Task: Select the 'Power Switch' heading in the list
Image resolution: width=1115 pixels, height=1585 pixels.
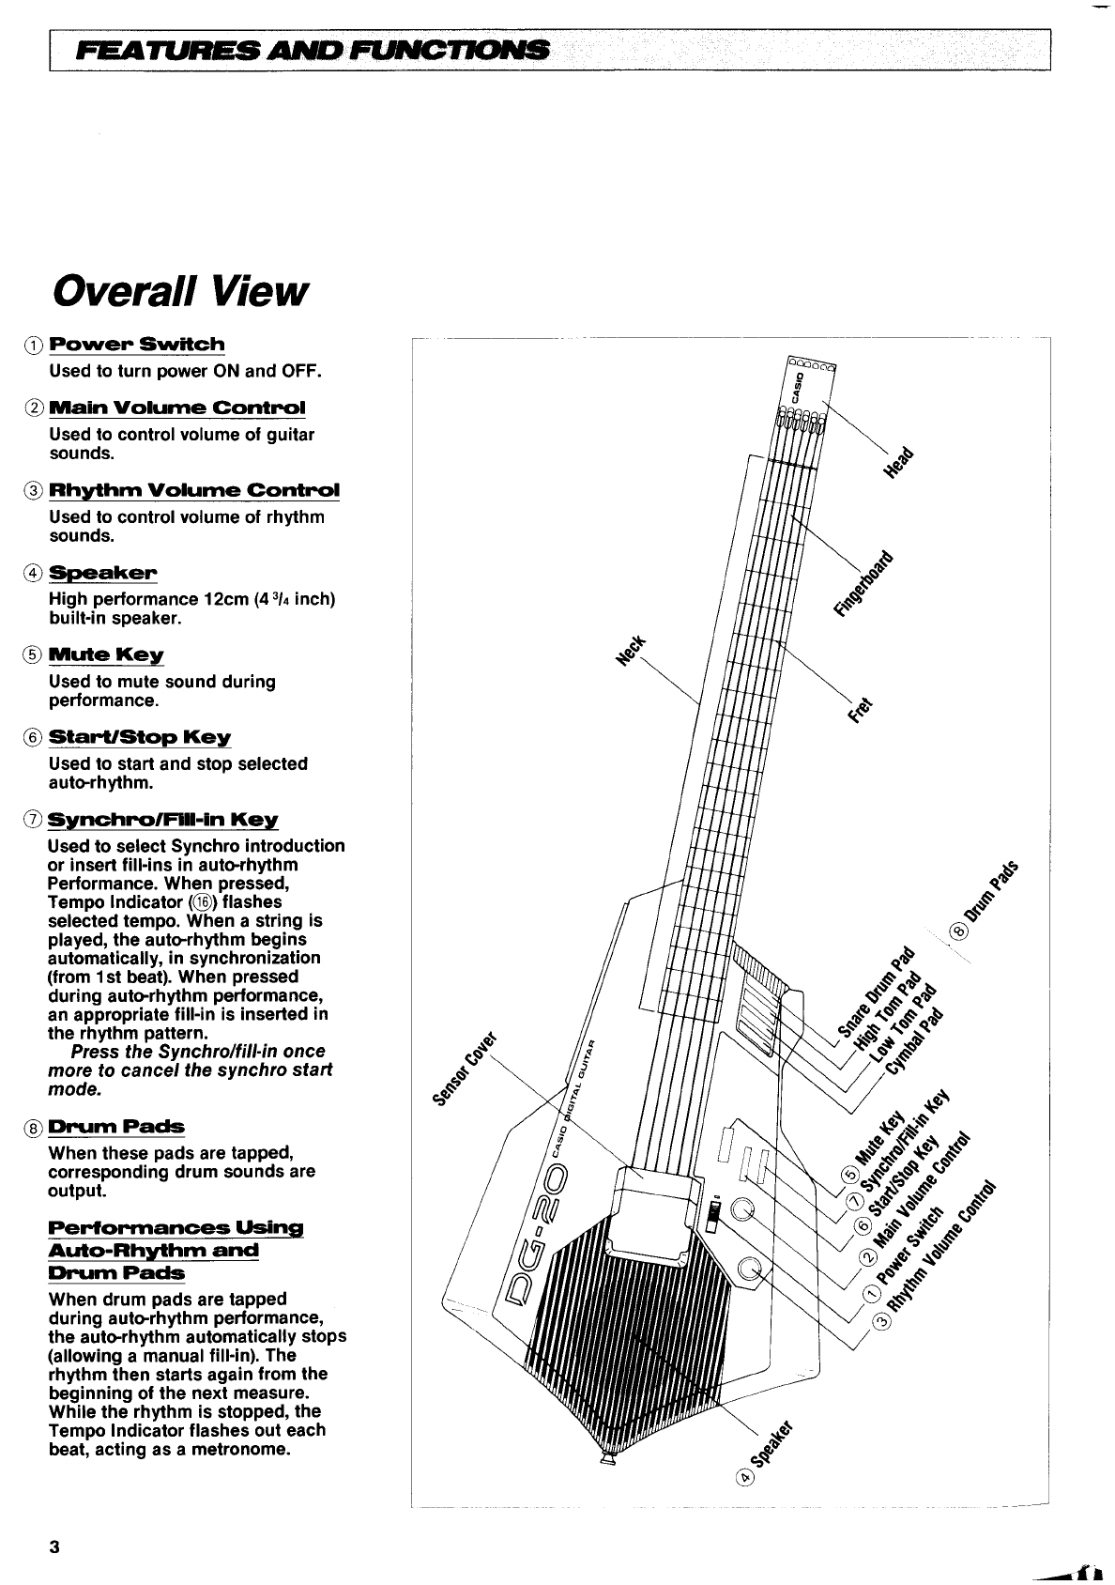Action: (x=137, y=345)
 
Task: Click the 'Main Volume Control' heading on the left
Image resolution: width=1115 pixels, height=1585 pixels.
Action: (x=177, y=408)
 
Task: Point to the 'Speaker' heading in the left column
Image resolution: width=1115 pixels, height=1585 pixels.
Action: (x=103, y=573)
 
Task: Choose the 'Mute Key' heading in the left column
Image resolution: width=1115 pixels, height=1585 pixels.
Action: (x=106, y=654)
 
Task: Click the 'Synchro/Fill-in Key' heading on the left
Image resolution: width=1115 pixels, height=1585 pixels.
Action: (x=164, y=820)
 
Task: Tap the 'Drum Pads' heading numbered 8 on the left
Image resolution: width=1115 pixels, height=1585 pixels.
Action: (x=116, y=1127)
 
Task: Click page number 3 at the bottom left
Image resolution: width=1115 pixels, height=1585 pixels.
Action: (x=54, y=1547)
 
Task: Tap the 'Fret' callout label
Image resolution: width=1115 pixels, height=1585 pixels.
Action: (x=860, y=713)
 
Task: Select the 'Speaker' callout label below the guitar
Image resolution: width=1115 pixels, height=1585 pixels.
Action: (x=772, y=1447)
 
